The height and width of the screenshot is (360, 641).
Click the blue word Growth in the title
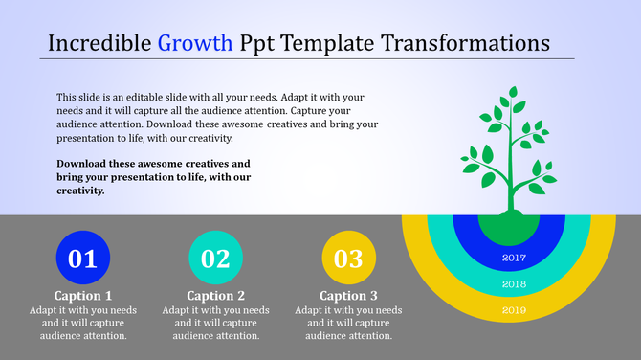pyautogui.click(x=195, y=43)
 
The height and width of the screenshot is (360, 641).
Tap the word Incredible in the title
pyautogui.click(x=99, y=43)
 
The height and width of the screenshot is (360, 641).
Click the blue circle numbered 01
pyautogui.click(x=83, y=258)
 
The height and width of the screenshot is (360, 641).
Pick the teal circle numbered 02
pyautogui.click(x=216, y=258)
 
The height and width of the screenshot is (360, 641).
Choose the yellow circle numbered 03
pyautogui.click(x=348, y=258)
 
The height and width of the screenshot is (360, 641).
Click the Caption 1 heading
pyautogui.click(x=83, y=296)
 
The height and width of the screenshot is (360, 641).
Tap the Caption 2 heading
pyautogui.click(x=216, y=296)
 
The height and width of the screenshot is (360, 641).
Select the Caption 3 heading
pyautogui.click(x=348, y=296)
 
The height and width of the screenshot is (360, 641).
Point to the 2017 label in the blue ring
pyautogui.click(x=514, y=258)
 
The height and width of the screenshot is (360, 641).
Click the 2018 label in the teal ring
pyautogui.click(x=514, y=284)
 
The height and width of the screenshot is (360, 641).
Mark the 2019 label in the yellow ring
pyautogui.click(x=514, y=310)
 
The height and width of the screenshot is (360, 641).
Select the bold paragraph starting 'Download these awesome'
pyautogui.click(x=153, y=177)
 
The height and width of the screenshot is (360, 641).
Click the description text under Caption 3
pyautogui.click(x=348, y=323)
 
